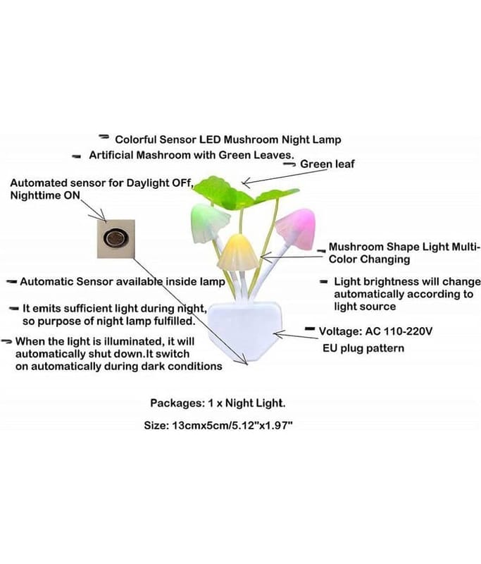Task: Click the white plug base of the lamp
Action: click(245, 331)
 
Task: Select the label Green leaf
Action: click(327, 164)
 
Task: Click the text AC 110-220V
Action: click(399, 331)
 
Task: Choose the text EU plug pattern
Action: click(363, 348)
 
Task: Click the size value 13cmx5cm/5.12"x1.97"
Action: click(233, 426)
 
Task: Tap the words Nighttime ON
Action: click(45, 195)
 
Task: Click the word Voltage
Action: click(341, 331)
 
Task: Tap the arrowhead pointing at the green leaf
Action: click(246, 183)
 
